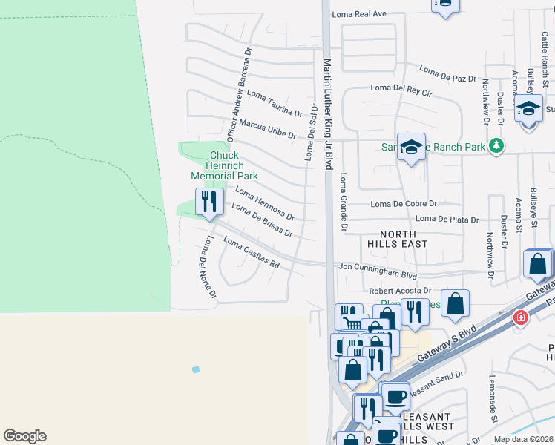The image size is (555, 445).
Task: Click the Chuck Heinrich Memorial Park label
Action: pos(224,165)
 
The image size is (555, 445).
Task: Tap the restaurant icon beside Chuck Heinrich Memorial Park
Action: pos(209,201)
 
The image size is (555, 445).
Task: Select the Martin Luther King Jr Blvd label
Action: pos(328,115)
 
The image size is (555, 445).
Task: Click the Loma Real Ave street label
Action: pos(360,14)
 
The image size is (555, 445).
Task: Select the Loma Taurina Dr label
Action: pos(275,104)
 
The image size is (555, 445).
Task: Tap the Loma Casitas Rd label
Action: pos(252,253)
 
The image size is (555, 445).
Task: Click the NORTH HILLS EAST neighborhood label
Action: pos(398,238)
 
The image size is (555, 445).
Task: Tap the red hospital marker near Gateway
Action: pos(521,317)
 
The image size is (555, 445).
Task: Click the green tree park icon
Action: pos(496,146)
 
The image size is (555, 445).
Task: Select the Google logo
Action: pos(24,436)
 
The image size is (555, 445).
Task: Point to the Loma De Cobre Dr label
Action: pos(404,204)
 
